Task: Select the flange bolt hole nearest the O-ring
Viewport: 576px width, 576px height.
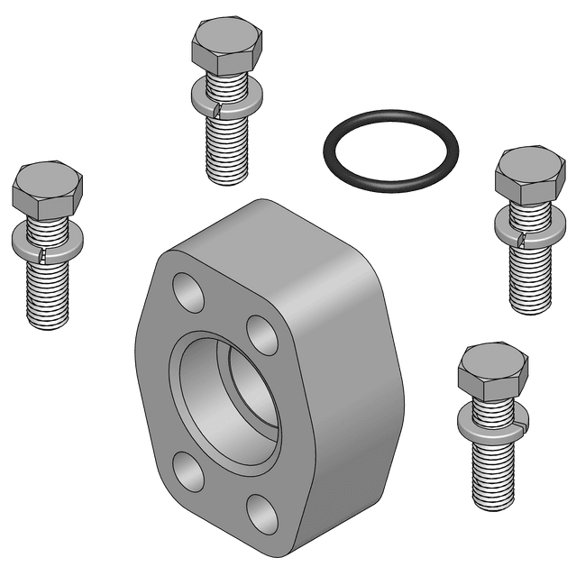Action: click(262, 334)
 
